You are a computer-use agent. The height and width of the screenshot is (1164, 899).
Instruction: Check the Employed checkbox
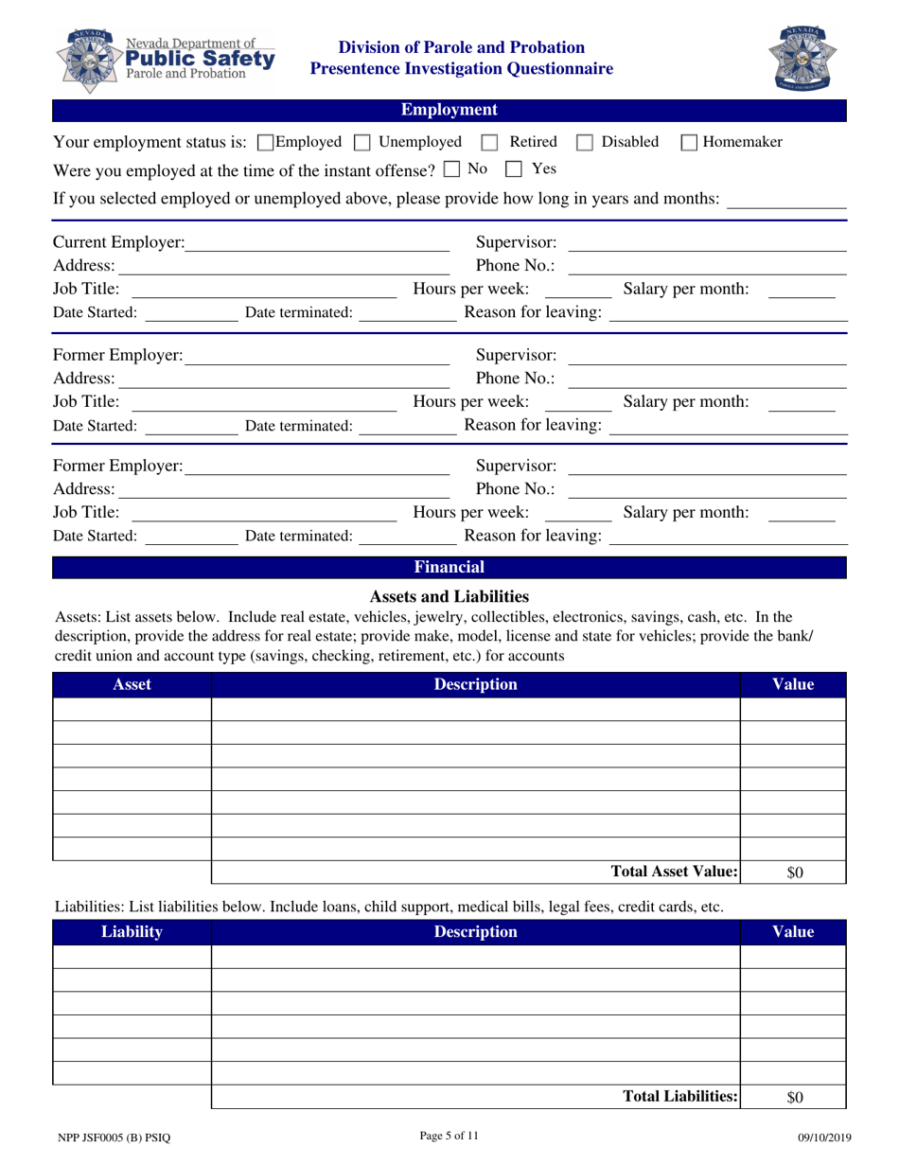click(x=265, y=143)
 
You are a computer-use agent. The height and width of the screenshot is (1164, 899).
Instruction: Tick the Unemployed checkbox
click(x=361, y=143)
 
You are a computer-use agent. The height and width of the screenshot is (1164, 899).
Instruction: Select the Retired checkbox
click(x=489, y=143)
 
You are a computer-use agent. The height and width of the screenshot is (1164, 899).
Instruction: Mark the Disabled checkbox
click(x=585, y=143)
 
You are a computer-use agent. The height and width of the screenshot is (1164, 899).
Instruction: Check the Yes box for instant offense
click(x=514, y=170)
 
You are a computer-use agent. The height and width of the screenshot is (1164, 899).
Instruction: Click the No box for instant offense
click(x=450, y=170)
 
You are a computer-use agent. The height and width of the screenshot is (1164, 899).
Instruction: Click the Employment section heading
click(x=449, y=111)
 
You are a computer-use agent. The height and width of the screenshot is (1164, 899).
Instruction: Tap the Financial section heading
click(x=449, y=568)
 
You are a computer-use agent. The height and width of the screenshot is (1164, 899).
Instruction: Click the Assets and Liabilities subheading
click(x=449, y=596)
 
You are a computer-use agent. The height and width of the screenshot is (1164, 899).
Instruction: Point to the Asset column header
click(x=132, y=684)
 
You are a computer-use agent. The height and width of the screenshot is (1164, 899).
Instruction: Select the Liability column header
click(x=132, y=932)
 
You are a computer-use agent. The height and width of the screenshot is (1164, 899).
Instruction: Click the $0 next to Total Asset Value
click(x=794, y=873)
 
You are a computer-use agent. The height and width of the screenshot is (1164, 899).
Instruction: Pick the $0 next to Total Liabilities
click(x=794, y=1098)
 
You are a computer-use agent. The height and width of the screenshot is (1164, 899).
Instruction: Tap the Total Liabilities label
click(x=679, y=1097)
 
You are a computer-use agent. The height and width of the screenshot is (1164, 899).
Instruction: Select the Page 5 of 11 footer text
click(x=449, y=1138)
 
